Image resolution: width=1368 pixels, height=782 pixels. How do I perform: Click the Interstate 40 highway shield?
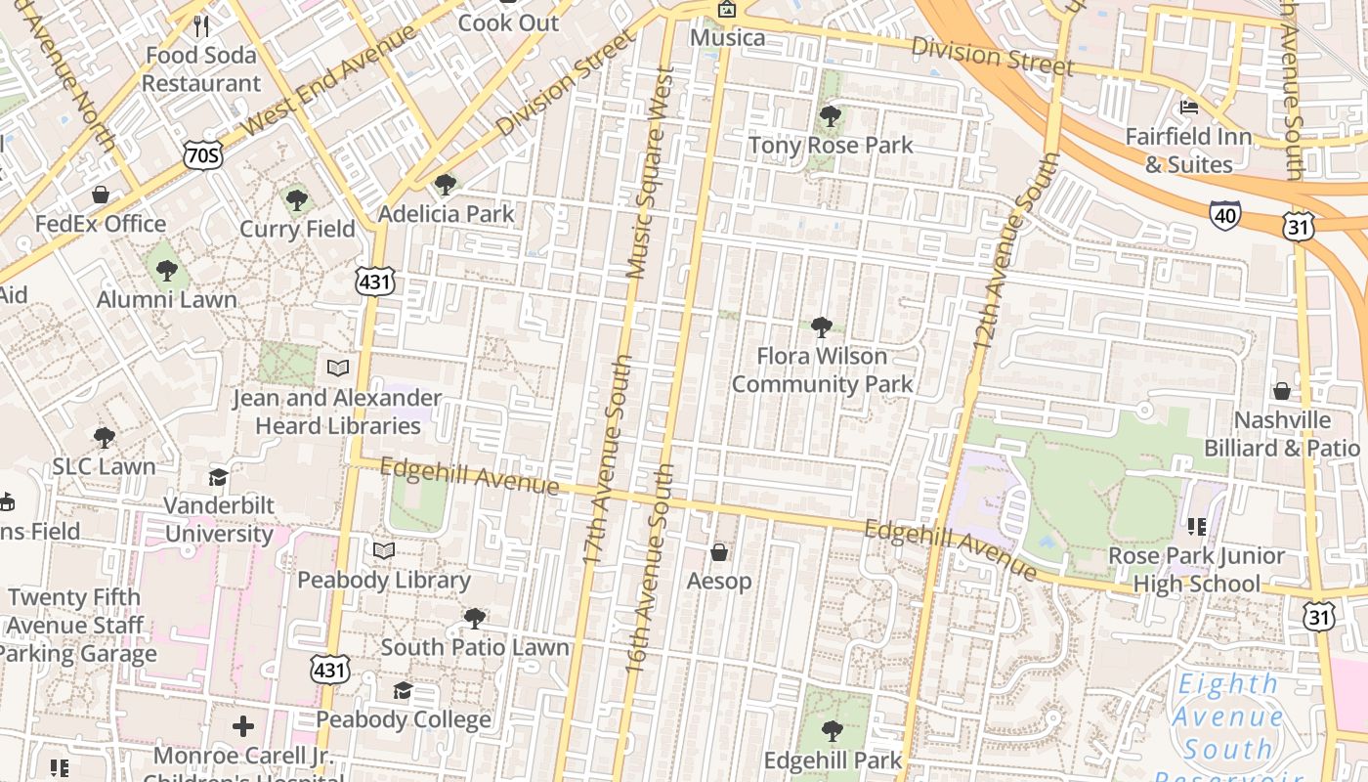[1225, 214]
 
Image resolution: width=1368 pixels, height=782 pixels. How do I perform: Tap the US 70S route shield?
[202, 154]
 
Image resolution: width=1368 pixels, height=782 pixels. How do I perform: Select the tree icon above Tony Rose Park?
[831, 117]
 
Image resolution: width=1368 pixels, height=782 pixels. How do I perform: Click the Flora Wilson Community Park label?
[822, 369]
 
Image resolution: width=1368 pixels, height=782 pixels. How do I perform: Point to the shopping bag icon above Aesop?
[719, 553]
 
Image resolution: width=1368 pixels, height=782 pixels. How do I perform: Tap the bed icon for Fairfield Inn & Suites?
[1189, 107]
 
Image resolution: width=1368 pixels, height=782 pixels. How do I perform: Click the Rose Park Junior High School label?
[1197, 570]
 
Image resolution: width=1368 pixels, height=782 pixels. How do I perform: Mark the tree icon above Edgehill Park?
[832, 731]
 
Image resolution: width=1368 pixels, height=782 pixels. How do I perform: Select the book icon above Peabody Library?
[384, 551]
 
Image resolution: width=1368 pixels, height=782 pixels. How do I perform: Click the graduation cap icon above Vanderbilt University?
[218, 477]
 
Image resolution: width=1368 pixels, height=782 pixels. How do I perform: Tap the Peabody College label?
[403, 720]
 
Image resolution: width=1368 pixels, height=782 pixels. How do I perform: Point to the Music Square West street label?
[651, 172]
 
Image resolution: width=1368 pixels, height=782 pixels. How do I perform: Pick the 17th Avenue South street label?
[607, 459]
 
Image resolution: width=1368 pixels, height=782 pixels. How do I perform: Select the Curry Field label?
[297, 229]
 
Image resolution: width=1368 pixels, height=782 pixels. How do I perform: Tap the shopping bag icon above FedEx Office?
[100, 195]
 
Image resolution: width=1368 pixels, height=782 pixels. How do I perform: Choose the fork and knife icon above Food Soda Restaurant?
[201, 25]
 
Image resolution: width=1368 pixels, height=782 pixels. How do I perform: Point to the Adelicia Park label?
[446, 213]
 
